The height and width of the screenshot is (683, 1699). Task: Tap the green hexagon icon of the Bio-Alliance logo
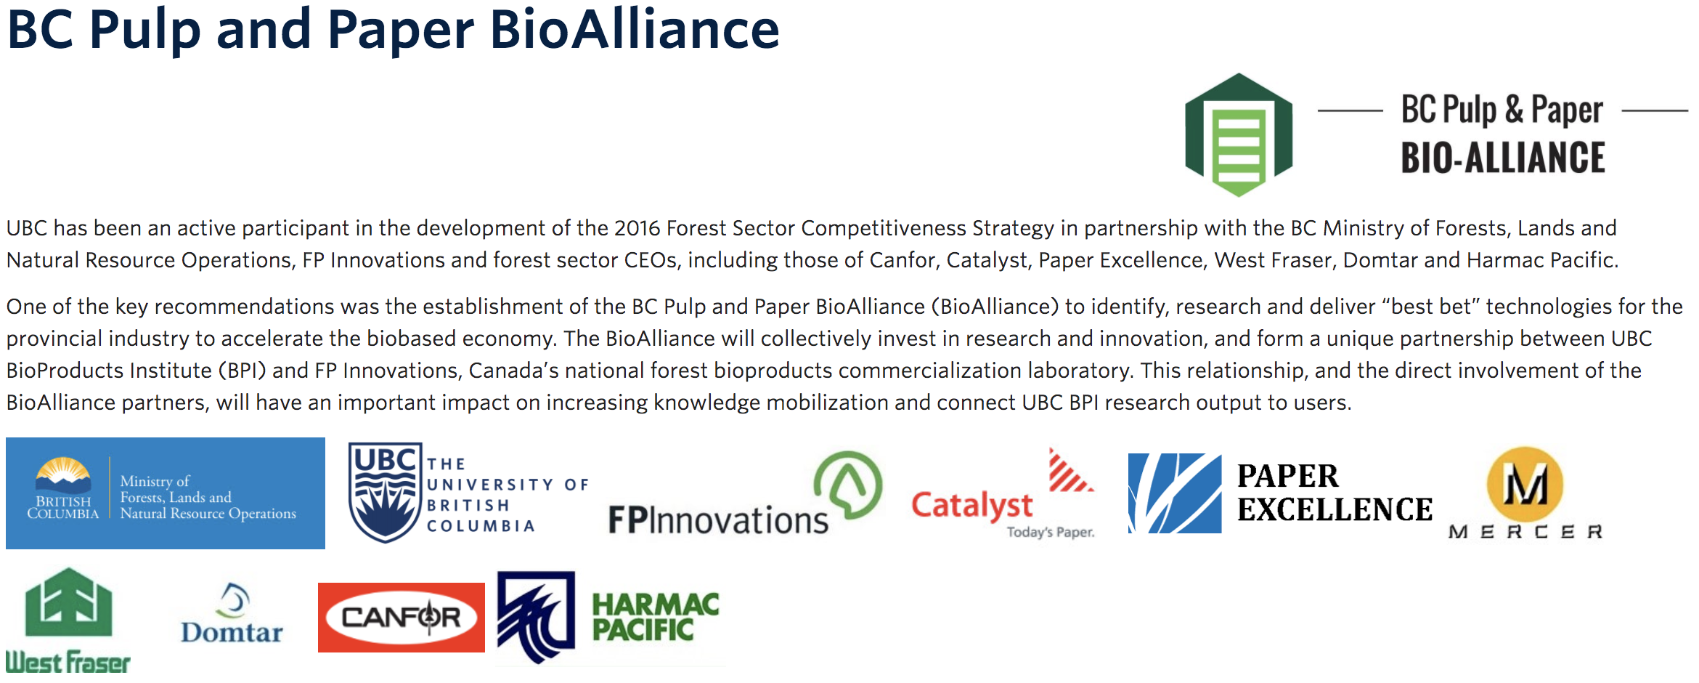(x=1239, y=134)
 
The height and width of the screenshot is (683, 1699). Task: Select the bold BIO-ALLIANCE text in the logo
(x=1503, y=158)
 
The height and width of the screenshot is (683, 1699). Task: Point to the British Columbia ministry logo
(x=166, y=493)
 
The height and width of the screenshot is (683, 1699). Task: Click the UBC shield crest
(x=385, y=493)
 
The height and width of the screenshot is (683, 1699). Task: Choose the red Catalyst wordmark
(x=971, y=506)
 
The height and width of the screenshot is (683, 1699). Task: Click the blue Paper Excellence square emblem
(x=1175, y=493)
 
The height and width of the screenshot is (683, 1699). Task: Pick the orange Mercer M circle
(x=1525, y=484)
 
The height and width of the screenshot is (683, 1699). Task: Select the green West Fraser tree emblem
(x=68, y=602)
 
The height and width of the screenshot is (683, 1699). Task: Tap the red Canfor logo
(x=402, y=618)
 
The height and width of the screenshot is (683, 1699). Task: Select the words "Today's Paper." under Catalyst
(x=1051, y=532)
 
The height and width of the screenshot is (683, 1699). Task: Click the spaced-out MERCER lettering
(x=1525, y=532)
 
